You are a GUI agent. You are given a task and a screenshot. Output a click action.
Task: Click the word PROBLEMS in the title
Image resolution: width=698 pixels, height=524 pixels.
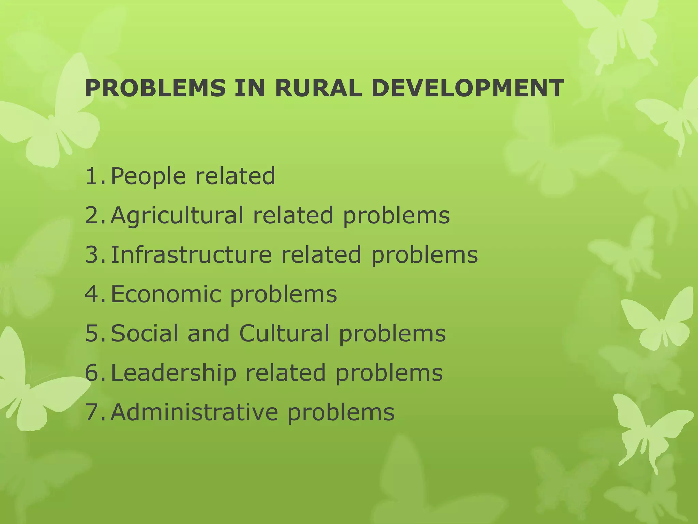tap(155, 88)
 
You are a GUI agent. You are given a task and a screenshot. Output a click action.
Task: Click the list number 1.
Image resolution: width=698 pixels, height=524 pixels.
tap(94, 176)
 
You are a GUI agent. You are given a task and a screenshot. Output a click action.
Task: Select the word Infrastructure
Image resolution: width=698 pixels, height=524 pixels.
tap(191, 255)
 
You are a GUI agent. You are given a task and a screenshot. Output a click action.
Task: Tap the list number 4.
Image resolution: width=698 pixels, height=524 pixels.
tap(94, 294)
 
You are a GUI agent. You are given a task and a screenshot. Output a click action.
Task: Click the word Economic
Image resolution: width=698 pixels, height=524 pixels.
tap(165, 294)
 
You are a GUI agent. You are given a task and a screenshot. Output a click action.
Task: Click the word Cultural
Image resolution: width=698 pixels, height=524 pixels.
tap(284, 333)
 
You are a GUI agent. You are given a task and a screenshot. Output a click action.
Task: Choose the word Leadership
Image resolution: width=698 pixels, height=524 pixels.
tap(173, 373)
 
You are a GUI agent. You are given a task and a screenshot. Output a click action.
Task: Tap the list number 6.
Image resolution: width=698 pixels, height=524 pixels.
tap(94, 373)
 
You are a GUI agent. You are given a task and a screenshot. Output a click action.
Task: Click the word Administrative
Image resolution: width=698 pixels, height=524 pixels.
tap(194, 412)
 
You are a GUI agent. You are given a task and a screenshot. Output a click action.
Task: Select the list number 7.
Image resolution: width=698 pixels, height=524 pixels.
tap(94, 412)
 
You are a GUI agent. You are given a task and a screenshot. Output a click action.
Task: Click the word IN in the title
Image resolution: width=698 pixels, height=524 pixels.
tap(250, 88)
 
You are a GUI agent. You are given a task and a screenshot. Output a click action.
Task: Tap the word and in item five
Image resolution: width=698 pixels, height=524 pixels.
tap(209, 333)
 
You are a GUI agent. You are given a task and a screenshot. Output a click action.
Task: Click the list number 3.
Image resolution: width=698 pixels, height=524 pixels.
tap(94, 255)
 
